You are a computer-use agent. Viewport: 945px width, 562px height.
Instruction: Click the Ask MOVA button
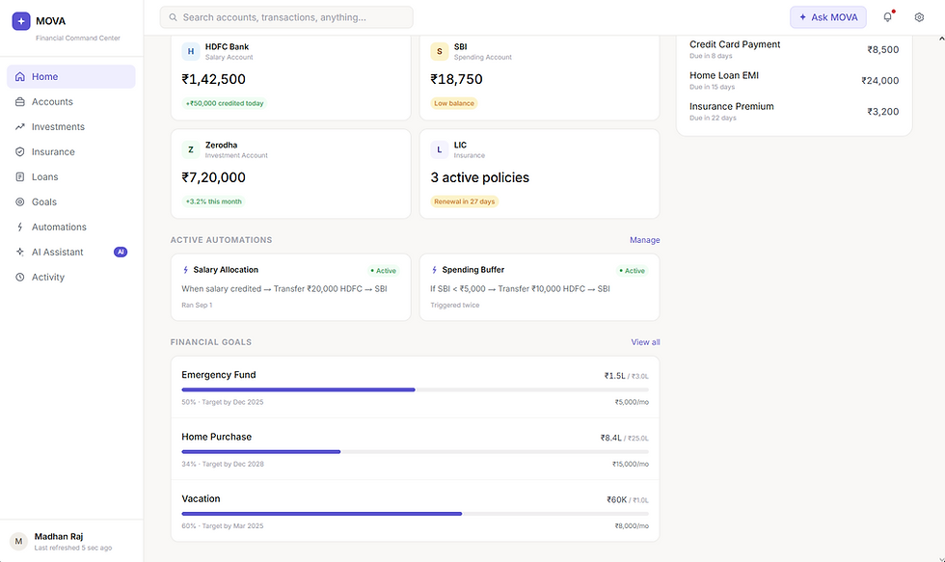pyautogui.click(x=828, y=17)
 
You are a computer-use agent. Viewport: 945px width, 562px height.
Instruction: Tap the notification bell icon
pyautogui.click(x=888, y=17)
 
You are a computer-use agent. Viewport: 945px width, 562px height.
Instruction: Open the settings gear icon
pyautogui.click(x=919, y=17)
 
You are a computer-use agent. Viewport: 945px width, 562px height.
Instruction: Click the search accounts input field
pyautogui.click(x=286, y=17)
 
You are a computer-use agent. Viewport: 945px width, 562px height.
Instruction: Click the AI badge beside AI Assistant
pyautogui.click(x=121, y=252)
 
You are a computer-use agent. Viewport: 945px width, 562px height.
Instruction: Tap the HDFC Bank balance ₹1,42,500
pyautogui.click(x=213, y=79)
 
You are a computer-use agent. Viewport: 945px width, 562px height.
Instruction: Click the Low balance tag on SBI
pyautogui.click(x=454, y=103)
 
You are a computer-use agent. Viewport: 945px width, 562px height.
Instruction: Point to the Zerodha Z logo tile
pyautogui.click(x=191, y=149)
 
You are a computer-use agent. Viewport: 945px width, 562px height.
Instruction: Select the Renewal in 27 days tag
pyautogui.click(x=464, y=201)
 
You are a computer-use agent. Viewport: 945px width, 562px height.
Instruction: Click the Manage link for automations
pyautogui.click(x=645, y=240)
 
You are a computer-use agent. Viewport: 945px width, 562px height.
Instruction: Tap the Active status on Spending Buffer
pyautogui.click(x=633, y=271)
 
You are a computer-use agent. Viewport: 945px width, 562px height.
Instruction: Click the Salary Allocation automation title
pyautogui.click(x=226, y=270)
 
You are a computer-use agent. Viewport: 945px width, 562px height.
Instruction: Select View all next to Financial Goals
pyautogui.click(x=645, y=342)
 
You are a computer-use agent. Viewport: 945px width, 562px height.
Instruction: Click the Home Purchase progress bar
pyautogui.click(x=416, y=452)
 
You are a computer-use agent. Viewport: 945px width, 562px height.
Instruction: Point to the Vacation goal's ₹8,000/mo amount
pyautogui.click(x=632, y=526)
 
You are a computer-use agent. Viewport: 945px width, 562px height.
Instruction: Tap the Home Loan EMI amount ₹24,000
pyautogui.click(x=879, y=81)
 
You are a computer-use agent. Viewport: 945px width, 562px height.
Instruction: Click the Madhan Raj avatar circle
pyautogui.click(x=18, y=541)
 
